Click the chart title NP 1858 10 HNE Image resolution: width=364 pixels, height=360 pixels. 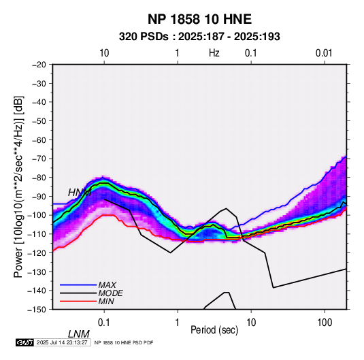[199, 19]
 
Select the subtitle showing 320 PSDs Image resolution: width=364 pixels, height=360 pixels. [199, 37]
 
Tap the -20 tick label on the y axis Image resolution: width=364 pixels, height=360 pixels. [39, 65]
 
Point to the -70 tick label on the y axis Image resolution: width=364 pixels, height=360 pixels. [39, 159]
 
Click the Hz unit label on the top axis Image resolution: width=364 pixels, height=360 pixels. [214, 53]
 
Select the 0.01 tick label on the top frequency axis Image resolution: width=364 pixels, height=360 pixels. [324, 53]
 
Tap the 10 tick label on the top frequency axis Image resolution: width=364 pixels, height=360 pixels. [104, 53]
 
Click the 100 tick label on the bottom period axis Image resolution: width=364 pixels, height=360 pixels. [325, 323]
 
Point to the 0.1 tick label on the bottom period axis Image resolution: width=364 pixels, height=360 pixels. [104, 323]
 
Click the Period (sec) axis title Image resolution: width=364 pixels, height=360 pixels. [214, 330]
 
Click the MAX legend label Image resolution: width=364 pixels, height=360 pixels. [107, 285]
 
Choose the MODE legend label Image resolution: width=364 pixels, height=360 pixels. [110, 293]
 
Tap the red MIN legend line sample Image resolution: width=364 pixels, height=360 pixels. [78, 301]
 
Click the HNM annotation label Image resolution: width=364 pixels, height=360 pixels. [80, 193]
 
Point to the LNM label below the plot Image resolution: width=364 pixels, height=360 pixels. [79, 334]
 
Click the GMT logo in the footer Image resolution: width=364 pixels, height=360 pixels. [25, 342]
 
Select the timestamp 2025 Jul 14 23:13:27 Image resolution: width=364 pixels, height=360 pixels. [62, 342]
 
